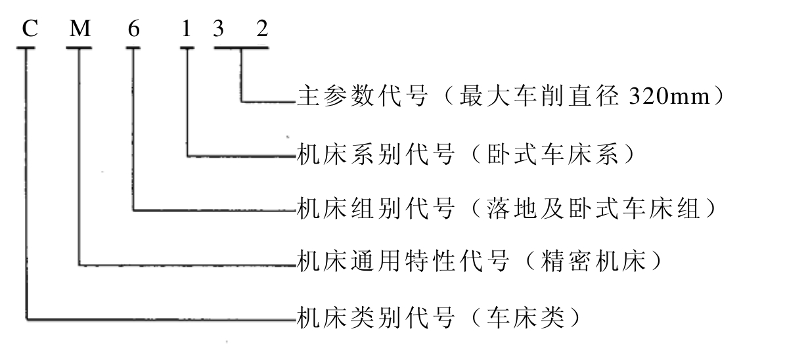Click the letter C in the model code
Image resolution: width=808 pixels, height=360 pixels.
pos(30,28)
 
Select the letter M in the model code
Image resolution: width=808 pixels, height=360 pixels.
pos(79,28)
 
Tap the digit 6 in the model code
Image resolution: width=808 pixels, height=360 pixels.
pos(134,28)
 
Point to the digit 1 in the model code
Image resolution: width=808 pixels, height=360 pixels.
pos(186,28)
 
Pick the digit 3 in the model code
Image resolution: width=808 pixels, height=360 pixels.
pos(218,28)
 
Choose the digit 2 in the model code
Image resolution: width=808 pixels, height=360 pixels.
pos(263,28)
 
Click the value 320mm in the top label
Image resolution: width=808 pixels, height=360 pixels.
pos(669,97)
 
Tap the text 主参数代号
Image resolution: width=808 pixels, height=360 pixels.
pos(363,97)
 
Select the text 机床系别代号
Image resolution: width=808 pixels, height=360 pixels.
pos(376,154)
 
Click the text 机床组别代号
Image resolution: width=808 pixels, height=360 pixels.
pos(376,208)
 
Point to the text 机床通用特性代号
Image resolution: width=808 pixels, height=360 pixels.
pos(403,261)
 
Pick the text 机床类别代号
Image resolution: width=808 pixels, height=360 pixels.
pos(376,317)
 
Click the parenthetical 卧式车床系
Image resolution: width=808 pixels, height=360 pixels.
pos(552,154)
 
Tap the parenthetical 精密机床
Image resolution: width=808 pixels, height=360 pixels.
pos(593,261)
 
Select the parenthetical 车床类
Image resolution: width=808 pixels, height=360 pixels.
pos(526,317)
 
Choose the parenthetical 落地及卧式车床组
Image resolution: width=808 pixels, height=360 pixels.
pos(593,208)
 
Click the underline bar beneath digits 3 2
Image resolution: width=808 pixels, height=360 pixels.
pos(241,47)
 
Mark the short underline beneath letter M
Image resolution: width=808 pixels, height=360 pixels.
pos(79,47)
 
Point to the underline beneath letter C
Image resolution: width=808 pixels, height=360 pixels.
pos(26,47)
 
